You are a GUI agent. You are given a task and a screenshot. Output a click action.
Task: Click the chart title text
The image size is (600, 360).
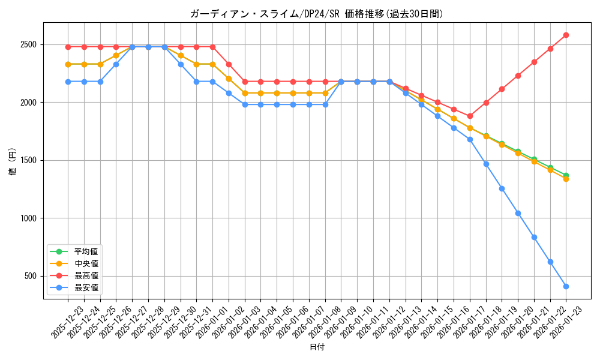[316, 14]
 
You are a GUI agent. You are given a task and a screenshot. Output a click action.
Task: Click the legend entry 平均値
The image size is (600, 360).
[86, 251]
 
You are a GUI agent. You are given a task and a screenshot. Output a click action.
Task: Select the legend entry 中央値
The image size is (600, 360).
[86, 263]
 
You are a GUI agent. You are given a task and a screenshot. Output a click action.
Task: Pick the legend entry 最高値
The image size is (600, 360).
[86, 275]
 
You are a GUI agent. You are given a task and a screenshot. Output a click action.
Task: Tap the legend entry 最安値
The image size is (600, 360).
[86, 287]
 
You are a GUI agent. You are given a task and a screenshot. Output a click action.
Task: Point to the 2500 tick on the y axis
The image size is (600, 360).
[28, 44]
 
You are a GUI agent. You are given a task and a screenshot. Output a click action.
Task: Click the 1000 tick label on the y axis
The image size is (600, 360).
[28, 218]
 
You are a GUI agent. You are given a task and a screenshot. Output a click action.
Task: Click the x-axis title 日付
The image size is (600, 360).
[316, 347]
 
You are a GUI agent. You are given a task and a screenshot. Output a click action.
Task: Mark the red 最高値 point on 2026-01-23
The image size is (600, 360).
[566, 35]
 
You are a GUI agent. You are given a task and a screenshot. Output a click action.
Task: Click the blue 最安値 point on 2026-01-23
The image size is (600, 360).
[566, 286]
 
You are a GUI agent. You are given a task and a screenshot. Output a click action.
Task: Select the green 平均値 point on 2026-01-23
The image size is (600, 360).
[566, 175]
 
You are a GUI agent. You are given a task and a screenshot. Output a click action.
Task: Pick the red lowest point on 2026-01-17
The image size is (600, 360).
[470, 116]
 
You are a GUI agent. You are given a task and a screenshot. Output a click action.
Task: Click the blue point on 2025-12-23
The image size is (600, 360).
[68, 82]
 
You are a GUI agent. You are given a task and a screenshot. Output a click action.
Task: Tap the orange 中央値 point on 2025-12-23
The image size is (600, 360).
[68, 64]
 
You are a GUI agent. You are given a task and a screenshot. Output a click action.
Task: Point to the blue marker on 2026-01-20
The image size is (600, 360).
[518, 213]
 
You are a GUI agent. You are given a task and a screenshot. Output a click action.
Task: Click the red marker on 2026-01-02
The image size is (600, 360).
[229, 64]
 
